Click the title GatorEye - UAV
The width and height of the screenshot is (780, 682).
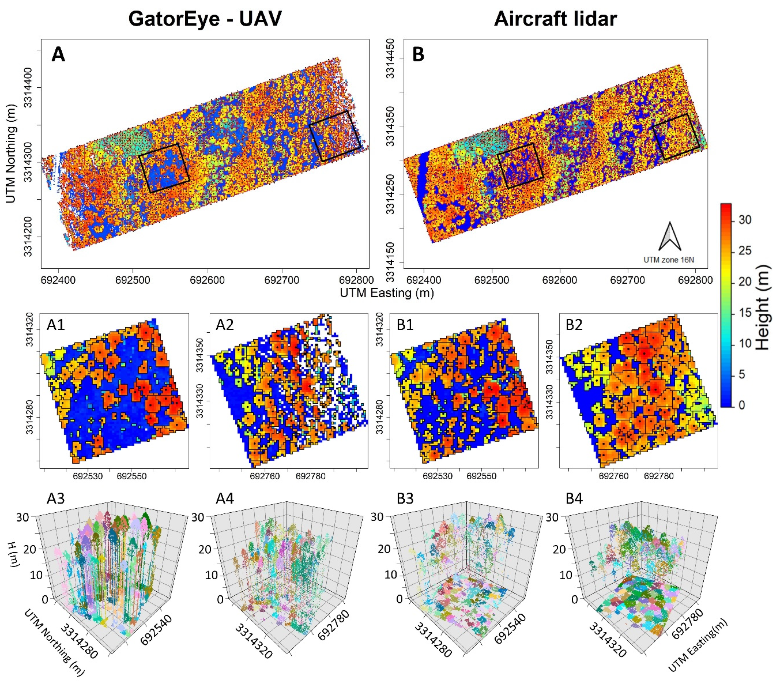205,18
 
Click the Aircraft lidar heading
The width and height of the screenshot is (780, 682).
555,18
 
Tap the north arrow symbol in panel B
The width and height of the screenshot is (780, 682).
670,237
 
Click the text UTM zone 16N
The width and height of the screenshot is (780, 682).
669,260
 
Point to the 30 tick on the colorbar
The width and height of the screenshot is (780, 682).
745,220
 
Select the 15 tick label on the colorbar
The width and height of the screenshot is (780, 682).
745,313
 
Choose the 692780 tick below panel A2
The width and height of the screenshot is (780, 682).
311,476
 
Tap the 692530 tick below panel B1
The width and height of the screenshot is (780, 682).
438,476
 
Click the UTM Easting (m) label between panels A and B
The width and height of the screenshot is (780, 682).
387,293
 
